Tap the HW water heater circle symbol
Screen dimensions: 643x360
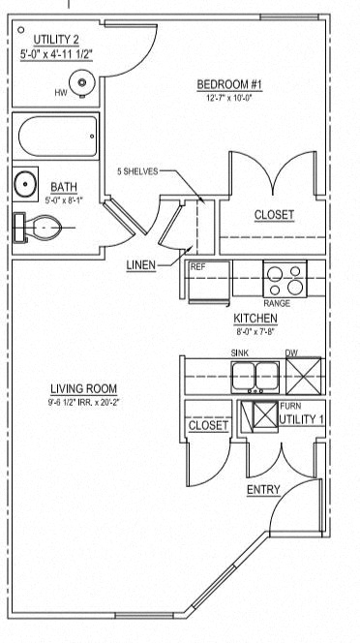pos(82,83)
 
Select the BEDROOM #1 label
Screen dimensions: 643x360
pos(236,85)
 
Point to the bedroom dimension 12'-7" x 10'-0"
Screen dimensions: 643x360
pos(236,98)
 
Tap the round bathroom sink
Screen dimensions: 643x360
pos(25,184)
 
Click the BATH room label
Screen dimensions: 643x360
pos(64,187)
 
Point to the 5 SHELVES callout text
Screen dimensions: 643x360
pos(136,172)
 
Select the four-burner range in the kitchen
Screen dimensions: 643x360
pos(285,281)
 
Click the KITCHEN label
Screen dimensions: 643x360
pos(255,319)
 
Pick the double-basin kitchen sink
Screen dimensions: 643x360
pos(255,375)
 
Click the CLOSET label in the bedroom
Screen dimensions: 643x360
pos(274,214)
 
